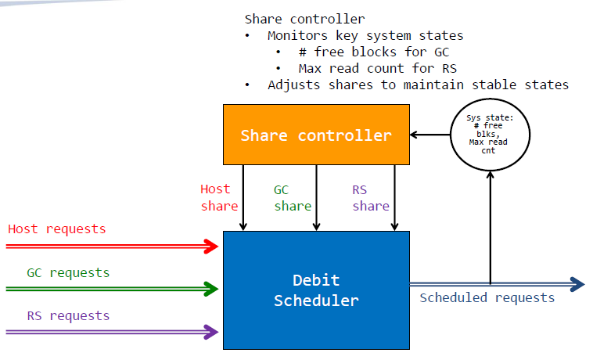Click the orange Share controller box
[316, 135]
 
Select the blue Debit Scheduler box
[316, 290]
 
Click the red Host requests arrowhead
[211, 247]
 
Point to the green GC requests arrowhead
[211, 289]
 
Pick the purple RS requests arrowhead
[211, 332]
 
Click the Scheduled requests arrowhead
[577, 284]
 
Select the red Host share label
[219, 197]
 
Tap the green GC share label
[293, 198]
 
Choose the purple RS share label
[371, 198]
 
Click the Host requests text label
[57, 229]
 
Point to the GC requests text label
[68, 272]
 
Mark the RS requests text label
[68, 315]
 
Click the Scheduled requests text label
[487, 298]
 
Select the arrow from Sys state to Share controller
[430, 135]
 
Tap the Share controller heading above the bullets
[305, 19]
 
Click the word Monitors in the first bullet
[297, 35]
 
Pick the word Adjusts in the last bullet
[294, 85]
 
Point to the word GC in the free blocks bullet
[442, 52]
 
